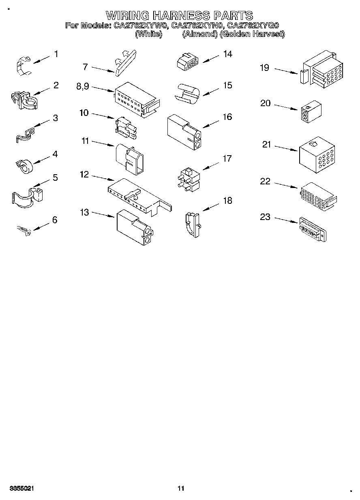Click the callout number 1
[56, 54]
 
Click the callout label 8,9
[83, 86]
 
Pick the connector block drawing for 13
[134, 228]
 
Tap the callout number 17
[227, 158]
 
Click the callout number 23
[265, 217]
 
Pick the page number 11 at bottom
[180, 488]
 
